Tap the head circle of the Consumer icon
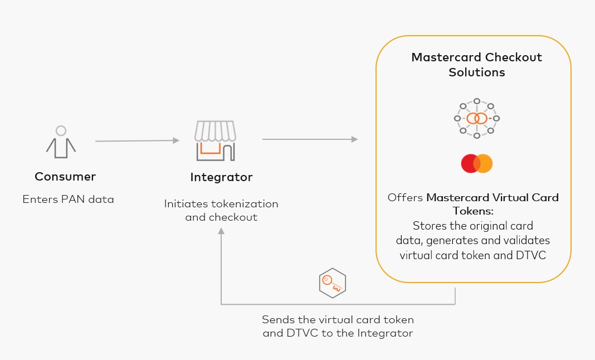point(61,131)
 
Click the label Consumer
point(65,177)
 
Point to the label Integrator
point(221,178)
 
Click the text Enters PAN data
point(68,199)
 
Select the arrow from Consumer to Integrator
point(137,141)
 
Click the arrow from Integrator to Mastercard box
point(310,139)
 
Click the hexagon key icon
point(332,283)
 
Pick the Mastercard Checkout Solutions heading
point(476,65)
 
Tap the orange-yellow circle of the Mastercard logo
point(484,163)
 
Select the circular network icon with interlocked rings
point(476,118)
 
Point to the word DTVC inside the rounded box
point(533,255)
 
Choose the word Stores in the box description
point(431,226)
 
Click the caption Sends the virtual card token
point(338,320)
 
